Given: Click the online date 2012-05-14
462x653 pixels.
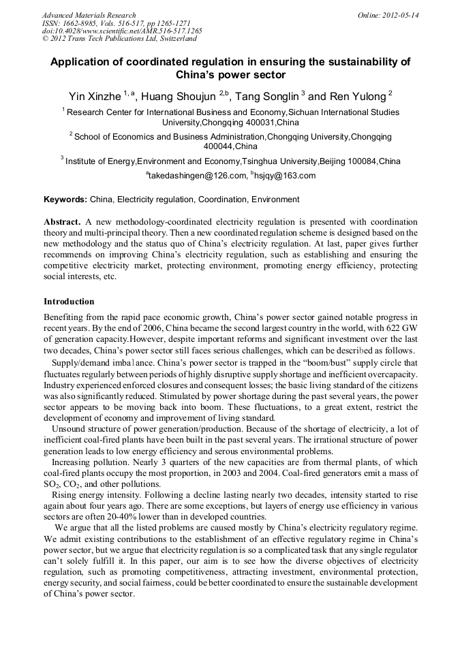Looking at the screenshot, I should click(x=398, y=15).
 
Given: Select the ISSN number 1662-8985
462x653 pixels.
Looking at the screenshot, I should click(x=82, y=22).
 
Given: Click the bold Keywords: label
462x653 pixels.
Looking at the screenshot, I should click(x=65, y=200).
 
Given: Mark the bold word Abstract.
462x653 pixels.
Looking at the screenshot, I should click(x=62, y=223).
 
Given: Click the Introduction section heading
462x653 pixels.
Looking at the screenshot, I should click(x=69, y=301).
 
